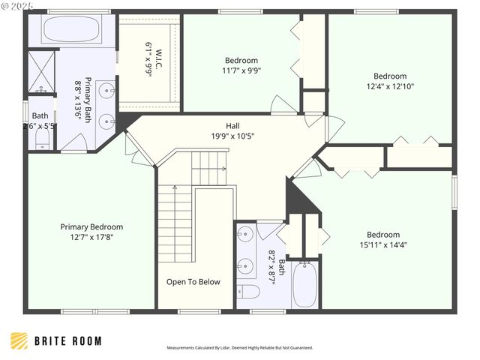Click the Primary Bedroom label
click(91, 226)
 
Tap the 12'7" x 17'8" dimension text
click(91, 237)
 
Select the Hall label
click(233, 126)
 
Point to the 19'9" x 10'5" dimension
click(233, 136)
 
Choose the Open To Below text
click(193, 282)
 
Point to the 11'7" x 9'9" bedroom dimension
click(241, 70)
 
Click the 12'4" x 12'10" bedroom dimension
click(390, 86)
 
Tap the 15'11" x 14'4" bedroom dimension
click(383, 244)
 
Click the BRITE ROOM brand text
click(68, 341)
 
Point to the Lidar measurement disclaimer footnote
click(239, 348)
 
